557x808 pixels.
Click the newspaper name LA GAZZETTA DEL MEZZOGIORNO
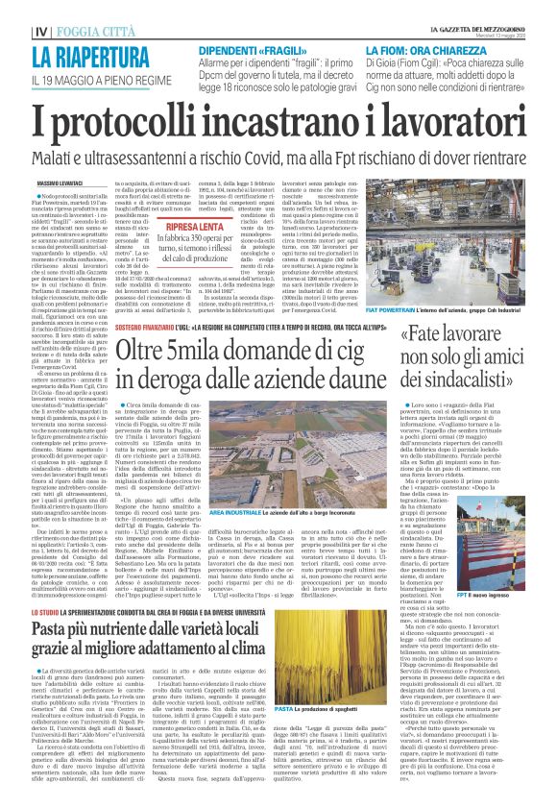click(476, 26)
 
